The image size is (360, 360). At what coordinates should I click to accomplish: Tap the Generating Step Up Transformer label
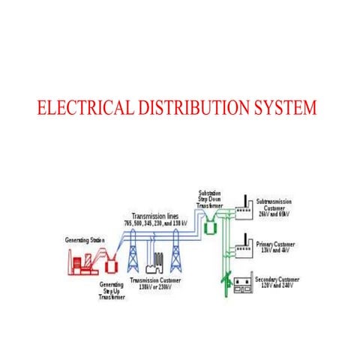(112, 291)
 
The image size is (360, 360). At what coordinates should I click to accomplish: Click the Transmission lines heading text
(154, 215)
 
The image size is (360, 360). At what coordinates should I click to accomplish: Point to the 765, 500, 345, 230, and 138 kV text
(166, 223)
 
